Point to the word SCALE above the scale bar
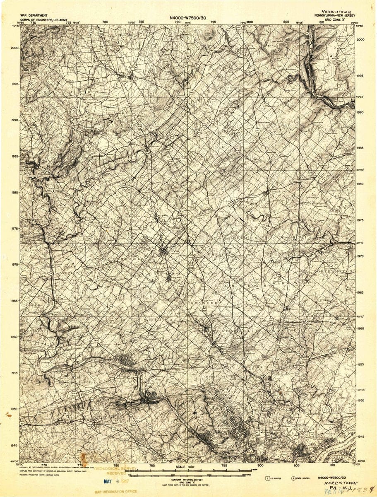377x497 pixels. pos(181,467)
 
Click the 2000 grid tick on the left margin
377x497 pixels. pos(14,48)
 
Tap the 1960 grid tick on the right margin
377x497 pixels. pos(360,328)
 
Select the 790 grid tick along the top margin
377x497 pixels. pos(177,22)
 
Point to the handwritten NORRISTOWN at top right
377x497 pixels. pos(336,7)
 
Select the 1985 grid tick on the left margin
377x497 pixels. pos(14,156)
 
